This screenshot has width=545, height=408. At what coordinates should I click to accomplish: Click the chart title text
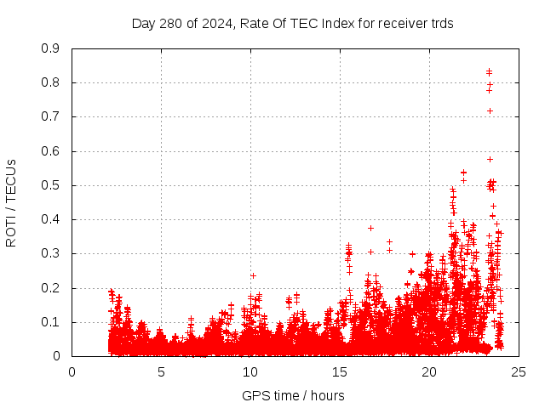click(292, 23)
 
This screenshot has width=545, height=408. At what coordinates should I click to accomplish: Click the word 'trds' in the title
click(440, 23)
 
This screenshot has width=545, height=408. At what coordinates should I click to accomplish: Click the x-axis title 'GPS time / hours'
click(293, 395)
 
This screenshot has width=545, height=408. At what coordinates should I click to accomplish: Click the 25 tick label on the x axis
click(519, 371)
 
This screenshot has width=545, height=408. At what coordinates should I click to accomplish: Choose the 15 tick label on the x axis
click(340, 371)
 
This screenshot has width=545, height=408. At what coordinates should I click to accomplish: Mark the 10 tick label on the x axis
click(250, 371)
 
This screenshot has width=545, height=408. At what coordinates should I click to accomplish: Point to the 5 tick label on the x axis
click(161, 371)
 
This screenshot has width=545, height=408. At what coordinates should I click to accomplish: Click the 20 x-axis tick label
click(429, 371)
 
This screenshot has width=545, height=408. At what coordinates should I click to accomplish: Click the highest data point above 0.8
click(489, 71)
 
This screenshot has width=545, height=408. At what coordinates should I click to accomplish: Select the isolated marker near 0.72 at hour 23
click(490, 111)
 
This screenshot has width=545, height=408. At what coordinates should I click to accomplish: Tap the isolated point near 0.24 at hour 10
click(253, 275)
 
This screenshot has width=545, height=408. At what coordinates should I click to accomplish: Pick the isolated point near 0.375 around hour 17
click(370, 228)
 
